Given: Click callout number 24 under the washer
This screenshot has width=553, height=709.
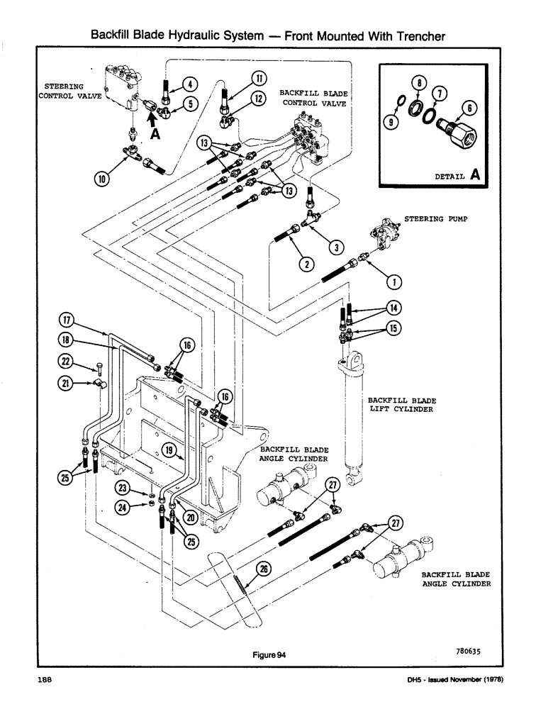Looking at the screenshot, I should pyautogui.click(x=123, y=506).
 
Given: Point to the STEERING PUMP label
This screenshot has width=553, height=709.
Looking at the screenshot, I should pyautogui.click(x=432, y=219).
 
